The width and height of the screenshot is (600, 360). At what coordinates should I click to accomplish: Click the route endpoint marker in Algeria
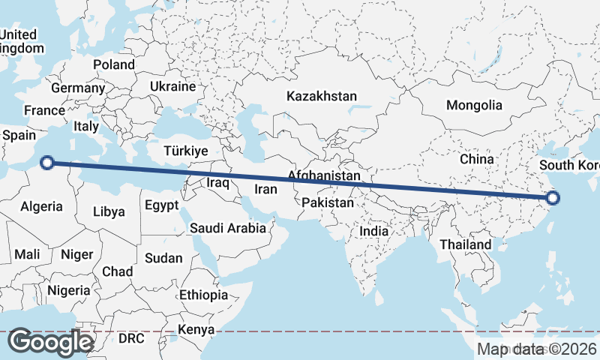[x=47, y=162]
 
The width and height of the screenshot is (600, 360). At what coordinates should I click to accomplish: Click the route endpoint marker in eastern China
[x=553, y=198]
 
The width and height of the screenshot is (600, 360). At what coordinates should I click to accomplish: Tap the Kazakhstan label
[x=322, y=97]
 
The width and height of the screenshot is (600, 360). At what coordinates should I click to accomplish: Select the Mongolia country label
[x=474, y=105]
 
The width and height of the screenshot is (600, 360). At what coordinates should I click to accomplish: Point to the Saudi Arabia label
[x=227, y=228]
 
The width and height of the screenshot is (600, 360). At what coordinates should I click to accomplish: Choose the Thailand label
[x=466, y=244]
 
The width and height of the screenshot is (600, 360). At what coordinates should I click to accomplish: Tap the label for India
[x=374, y=232]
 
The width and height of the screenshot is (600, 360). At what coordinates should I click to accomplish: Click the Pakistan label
[x=327, y=203]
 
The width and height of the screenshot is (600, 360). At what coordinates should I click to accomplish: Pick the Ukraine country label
[x=172, y=87]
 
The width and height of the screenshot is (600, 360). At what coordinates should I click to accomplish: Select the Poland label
[x=114, y=65]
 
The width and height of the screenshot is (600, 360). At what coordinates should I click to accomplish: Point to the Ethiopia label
[x=203, y=295]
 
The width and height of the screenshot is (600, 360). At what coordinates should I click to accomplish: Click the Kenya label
[x=196, y=330]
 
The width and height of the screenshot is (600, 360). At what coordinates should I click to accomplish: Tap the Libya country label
[x=109, y=212]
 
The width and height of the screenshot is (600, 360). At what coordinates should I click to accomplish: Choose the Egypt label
[x=161, y=205]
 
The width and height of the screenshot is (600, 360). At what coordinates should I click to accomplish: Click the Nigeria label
[x=68, y=290]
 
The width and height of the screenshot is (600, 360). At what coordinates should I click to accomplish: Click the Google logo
[x=51, y=341]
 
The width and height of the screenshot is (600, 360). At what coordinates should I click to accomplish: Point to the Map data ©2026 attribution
[x=538, y=349]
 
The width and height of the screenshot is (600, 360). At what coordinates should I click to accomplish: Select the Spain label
[x=19, y=136]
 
